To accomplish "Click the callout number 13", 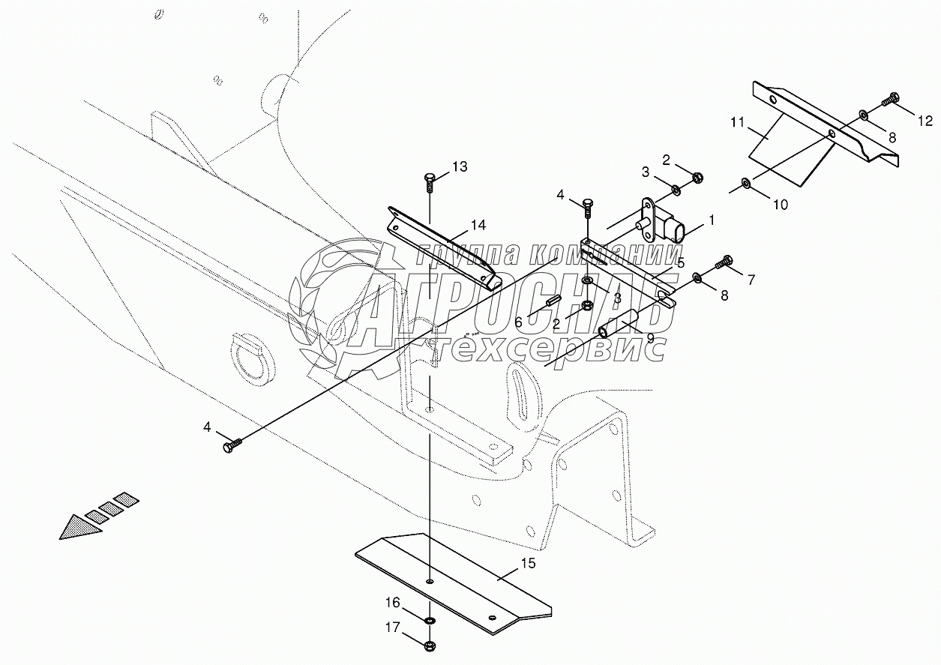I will coord(460,166).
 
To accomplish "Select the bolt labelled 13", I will coord(429,180).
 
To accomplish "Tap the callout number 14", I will coord(478,224).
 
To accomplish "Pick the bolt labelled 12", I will coord(892,98).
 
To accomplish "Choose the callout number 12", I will coord(925,120).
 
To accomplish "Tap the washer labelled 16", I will coord(429,621).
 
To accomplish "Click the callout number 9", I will coord(649,338).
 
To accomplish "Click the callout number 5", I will coord(680,263).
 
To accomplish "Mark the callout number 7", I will coord(751,280).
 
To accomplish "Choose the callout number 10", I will coord(781,203).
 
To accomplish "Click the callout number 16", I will coord(394,603).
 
